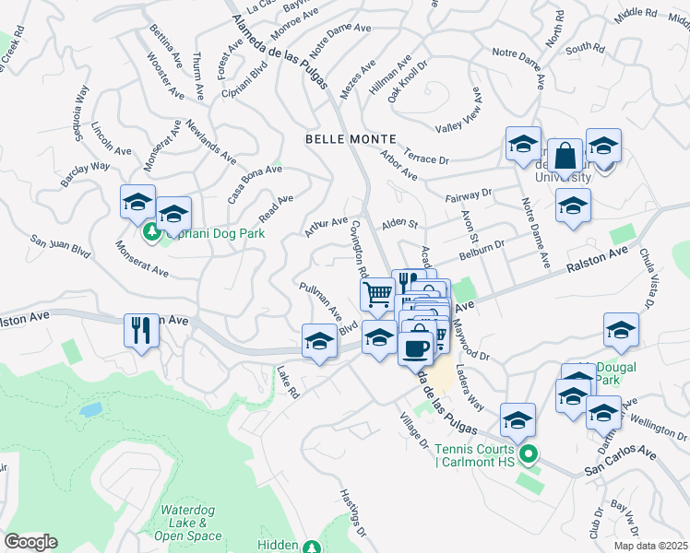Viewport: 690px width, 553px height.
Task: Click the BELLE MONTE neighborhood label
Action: click(351, 139)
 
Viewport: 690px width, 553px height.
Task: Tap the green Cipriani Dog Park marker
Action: click(151, 234)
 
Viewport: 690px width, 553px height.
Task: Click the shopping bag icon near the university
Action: click(566, 158)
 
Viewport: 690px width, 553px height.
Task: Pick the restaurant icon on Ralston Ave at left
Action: click(141, 330)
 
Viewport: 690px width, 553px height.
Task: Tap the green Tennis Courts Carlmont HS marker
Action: click(528, 453)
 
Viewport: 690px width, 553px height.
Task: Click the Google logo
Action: click(30, 542)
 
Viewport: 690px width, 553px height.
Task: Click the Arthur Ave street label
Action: click(327, 227)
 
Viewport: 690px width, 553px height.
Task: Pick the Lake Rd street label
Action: click(289, 381)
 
